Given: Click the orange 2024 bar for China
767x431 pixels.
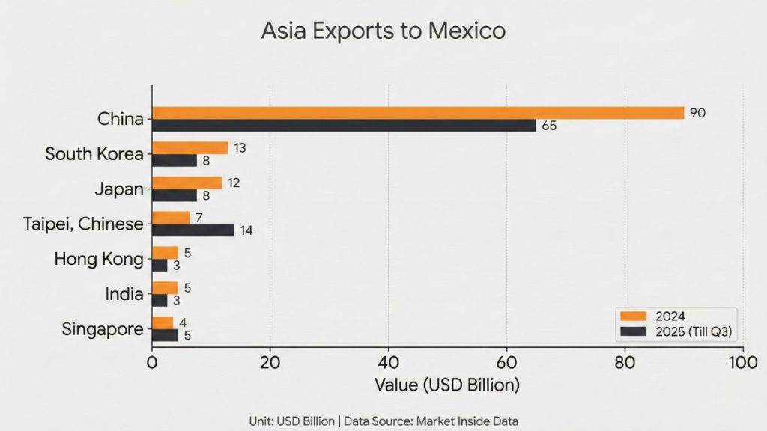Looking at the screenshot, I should tap(417, 113).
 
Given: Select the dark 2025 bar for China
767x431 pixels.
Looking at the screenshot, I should tap(344, 126).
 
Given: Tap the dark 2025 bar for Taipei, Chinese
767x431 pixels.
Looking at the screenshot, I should tap(192, 230).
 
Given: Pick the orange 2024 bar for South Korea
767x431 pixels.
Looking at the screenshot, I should tap(190, 148).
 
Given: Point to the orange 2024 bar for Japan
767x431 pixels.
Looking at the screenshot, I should tap(187, 183).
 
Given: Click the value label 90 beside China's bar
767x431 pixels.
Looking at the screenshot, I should tap(697, 113).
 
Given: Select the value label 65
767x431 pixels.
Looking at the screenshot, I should tap(549, 126).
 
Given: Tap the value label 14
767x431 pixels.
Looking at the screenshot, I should tap(246, 231).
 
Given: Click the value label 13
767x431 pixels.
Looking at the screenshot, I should tap(240, 148).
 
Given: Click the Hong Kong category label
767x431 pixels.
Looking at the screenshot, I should tap(98, 260).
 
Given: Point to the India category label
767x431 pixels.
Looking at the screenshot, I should tap(124, 294).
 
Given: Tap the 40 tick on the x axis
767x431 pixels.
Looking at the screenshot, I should tap(388, 363).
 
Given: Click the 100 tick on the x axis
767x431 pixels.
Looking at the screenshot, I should tap(742, 363).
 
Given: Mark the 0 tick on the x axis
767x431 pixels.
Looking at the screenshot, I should tap(152, 363).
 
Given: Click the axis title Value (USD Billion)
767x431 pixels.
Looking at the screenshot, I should tap(447, 386).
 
